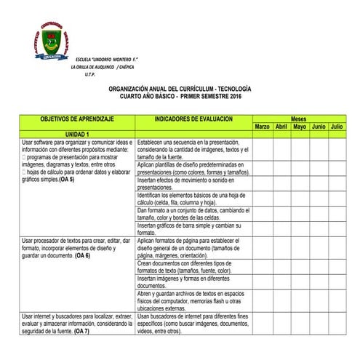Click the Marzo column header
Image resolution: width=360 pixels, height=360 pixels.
click(262, 127)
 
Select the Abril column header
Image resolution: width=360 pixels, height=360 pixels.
click(281, 127)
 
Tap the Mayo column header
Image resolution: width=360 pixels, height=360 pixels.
click(300, 127)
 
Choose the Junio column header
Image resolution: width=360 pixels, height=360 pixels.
click(319, 127)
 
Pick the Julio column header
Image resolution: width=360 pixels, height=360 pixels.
click(337, 127)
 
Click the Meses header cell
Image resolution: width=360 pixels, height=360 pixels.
click(298, 118)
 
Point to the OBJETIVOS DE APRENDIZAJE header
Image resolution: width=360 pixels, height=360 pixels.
click(77, 118)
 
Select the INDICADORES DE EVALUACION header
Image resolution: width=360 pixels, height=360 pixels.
click(193, 118)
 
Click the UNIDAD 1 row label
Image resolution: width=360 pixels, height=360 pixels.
click(77, 135)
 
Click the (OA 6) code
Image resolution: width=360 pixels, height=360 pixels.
click(82, 256)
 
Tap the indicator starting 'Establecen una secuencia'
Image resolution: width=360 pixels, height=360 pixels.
click(193, 149)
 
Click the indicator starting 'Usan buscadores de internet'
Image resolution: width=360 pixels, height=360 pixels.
click(193, 324)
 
